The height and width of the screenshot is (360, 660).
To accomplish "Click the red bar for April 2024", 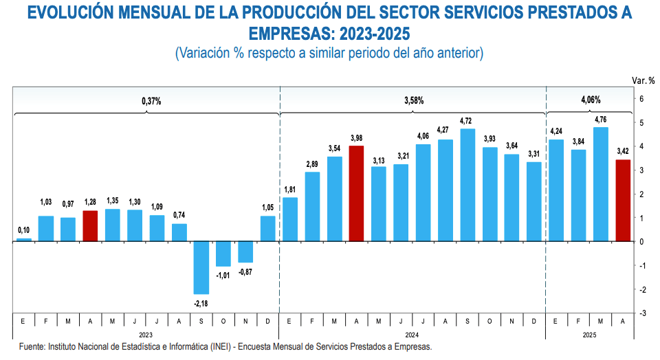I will [357, 193].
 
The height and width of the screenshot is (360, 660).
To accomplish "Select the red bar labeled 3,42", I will [623, 200].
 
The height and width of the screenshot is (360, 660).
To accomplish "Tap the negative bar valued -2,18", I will [201, 267].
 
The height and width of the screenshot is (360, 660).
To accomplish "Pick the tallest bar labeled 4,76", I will [600, 184].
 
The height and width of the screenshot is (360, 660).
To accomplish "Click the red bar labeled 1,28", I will [90, 226].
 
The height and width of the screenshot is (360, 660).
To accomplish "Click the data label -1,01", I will [223, 275].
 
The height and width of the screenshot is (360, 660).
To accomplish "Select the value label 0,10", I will [24, 230].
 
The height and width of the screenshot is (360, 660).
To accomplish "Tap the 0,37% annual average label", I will [151, 101].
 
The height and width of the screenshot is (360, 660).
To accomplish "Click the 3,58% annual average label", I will [414, 101].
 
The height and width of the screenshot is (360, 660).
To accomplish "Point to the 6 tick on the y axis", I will [641, 99].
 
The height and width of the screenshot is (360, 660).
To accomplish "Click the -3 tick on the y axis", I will [641, 313].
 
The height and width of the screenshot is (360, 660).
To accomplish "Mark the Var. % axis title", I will [643, 80].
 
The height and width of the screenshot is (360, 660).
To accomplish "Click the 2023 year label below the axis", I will [146, 335].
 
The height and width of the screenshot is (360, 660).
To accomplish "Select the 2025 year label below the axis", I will [589, 335].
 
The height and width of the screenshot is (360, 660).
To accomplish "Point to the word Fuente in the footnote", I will [32, 347].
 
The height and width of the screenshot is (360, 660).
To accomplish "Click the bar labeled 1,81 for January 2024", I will [290, 219].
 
